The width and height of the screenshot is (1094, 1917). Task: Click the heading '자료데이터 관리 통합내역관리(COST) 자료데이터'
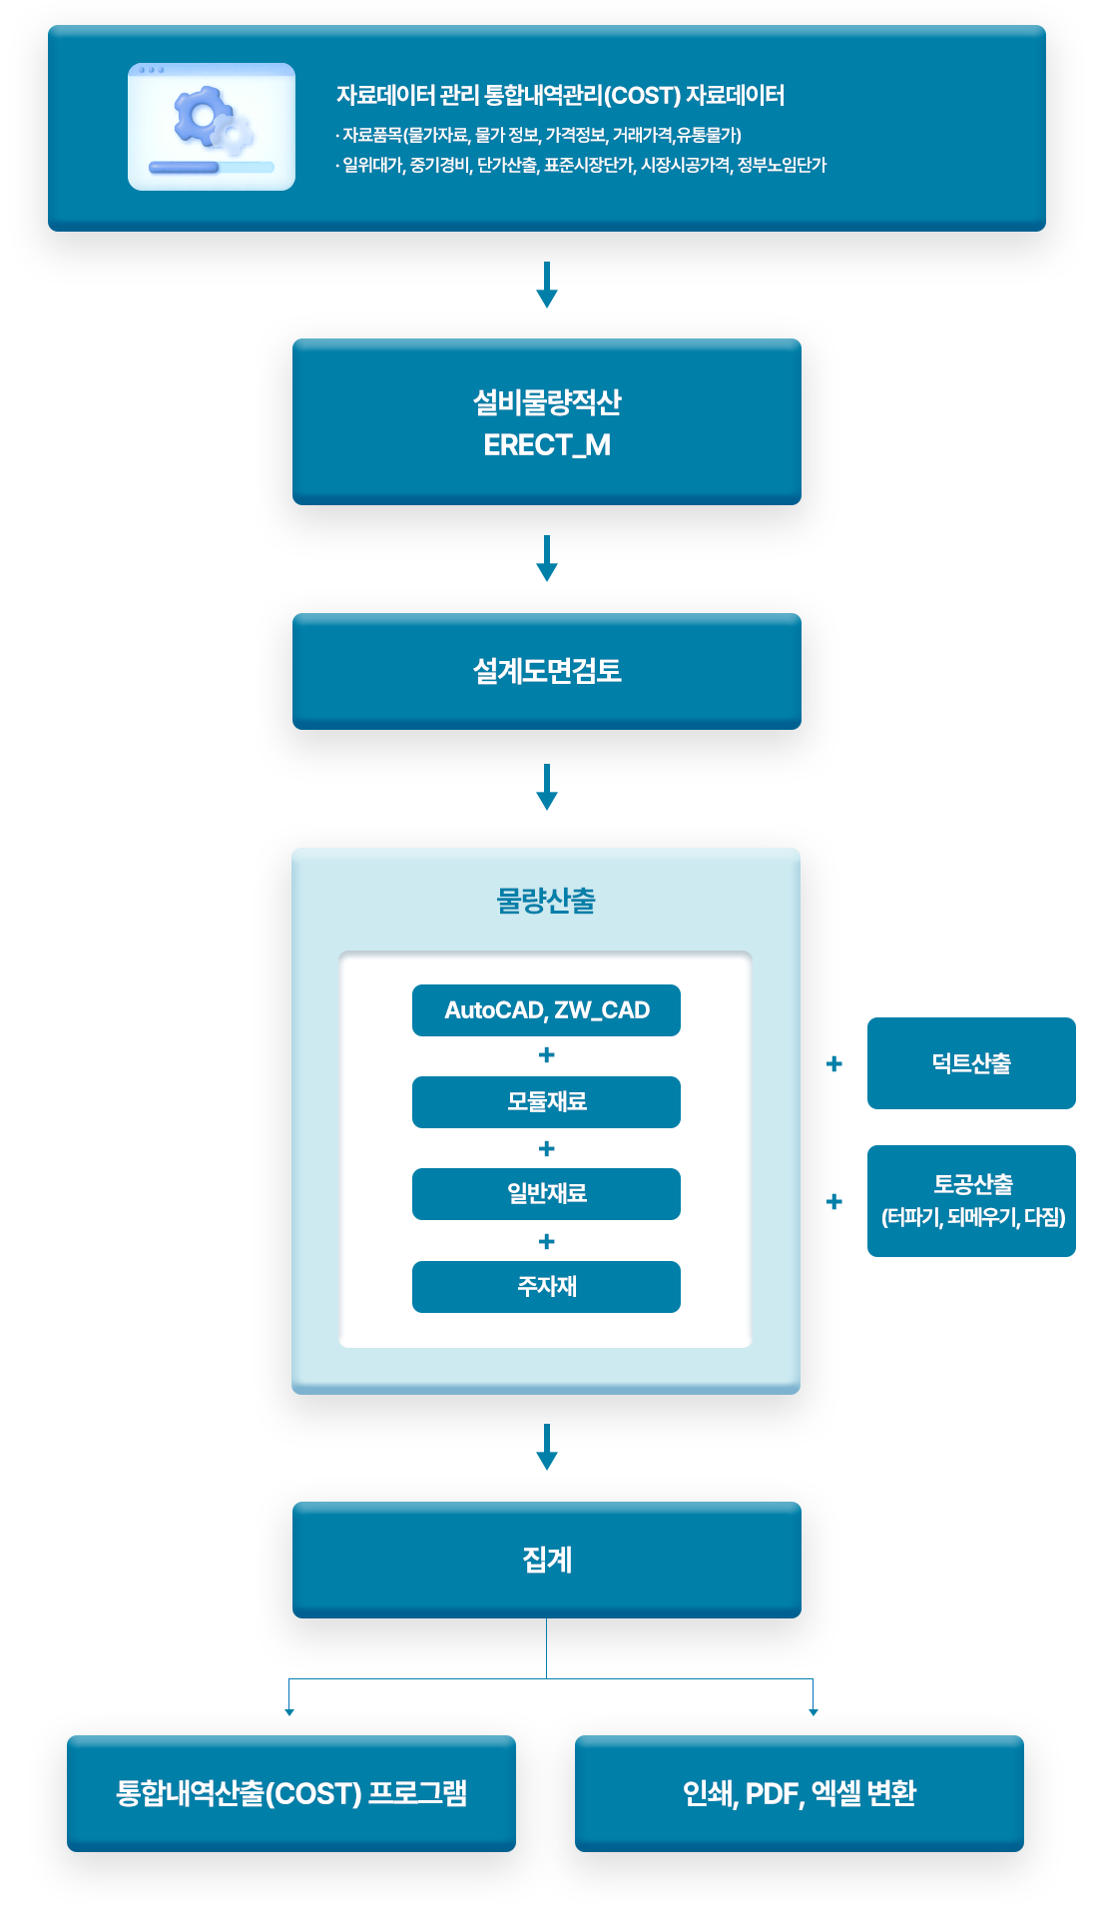pos(560,96)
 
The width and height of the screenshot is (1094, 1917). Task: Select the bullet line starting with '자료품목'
pos(539,135)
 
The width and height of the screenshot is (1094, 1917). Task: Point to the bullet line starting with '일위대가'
pos(581,165)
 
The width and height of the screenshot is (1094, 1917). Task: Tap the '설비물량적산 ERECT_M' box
pos(546,421)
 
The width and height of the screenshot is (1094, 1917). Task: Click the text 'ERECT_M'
pos(546,445)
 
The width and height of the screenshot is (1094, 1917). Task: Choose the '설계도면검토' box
pos(546,671)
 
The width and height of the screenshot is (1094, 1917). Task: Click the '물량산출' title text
pos(546,901)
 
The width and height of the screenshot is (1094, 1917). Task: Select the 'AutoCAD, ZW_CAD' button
pos(546,1010)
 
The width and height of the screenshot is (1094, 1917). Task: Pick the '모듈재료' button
pos(546,1102)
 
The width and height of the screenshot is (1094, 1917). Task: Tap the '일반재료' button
pos(546,1194)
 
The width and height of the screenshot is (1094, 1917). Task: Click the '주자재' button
pos(546,1287)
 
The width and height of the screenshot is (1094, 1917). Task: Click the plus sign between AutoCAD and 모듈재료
pos(546,1055)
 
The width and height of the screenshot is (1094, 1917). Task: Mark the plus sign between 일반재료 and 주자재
pos(546,1241)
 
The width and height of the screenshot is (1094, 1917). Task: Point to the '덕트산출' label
pos(971,1063)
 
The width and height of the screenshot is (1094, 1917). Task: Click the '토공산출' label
pos(973,1185)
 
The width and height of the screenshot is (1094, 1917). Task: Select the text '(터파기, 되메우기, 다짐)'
pos(973,1217)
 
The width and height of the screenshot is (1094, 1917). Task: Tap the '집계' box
pos(546,1560)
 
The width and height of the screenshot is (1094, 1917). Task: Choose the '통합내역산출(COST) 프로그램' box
pos(290,1793)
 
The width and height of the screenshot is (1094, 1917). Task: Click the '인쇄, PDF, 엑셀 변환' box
pos(799,1793)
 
